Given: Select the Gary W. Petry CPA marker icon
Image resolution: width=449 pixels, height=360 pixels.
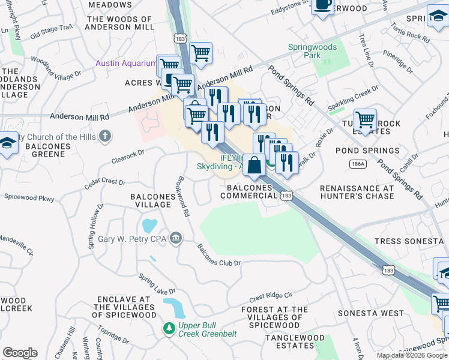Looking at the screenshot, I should pyautogui.click(x=175, y=239).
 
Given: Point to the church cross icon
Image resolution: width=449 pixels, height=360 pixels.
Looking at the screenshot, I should pyautogui.click(x=106, y=137).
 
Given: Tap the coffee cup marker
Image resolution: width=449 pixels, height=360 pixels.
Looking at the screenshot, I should pyautogui.click(x=322, y=5).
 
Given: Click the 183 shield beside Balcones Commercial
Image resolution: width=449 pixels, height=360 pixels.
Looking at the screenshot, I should pyautogui.click(x=286, y=197).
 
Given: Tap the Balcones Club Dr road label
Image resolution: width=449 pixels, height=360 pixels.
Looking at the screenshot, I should pyautogui.click(x=219, y=256).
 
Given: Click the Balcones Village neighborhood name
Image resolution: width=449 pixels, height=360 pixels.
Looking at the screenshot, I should pyautogui.click(x=151, y=200).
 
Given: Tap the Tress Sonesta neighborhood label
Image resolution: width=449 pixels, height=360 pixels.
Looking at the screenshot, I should pyautogui.click(x=408, y=241).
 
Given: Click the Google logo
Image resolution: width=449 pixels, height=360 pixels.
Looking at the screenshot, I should pyautogui.click(x=20, y=353).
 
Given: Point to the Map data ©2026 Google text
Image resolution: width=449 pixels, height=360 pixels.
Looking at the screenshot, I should pyautogui.click(x=412, y=355).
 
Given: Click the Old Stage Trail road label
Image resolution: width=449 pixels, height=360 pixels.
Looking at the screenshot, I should pyautogui.click(x=51, y=30).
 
